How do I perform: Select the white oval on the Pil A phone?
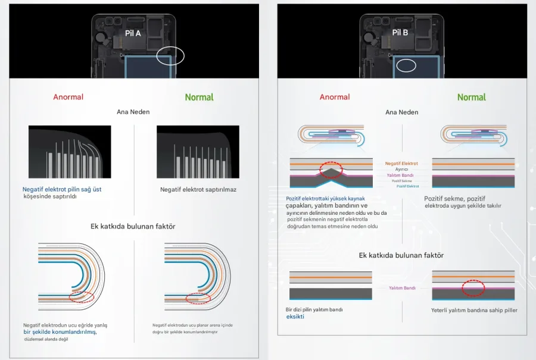pyautogui.click(x=170, y=57)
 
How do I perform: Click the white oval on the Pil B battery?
pyautogui.click(x=407, y=65)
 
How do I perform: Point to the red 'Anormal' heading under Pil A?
pyautogui.click(x=68, y=97)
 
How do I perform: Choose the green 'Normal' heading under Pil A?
pyautogui.click(x=199, y=97)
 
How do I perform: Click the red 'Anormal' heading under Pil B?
pyautogui.click(x=335, y=97)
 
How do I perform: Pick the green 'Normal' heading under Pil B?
pyautogui.click(x=471, y=97)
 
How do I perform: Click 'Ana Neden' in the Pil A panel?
pyautogui.click(x=133, y=112)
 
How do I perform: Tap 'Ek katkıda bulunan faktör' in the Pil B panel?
pyautogui.click(x=401, y=255)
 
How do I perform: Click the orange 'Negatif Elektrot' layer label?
pyautogui.click(x=401, y=163)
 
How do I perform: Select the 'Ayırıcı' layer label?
pyautogui.click(x=401, y=169)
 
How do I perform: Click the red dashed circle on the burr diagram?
pyautogui.click(x=332, y=170)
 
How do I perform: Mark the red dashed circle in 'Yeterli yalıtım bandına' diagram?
pyautogui.click(x=473, y=288)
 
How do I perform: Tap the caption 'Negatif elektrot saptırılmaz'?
pyautogui.click(x=198, y=190)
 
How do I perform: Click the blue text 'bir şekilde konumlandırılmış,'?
pyautogui.click(x=60, y=332)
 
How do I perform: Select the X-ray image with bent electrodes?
pyautogui.click(x=70, y=152)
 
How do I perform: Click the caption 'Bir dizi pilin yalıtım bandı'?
pyautogui.click(x=314, y=309)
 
